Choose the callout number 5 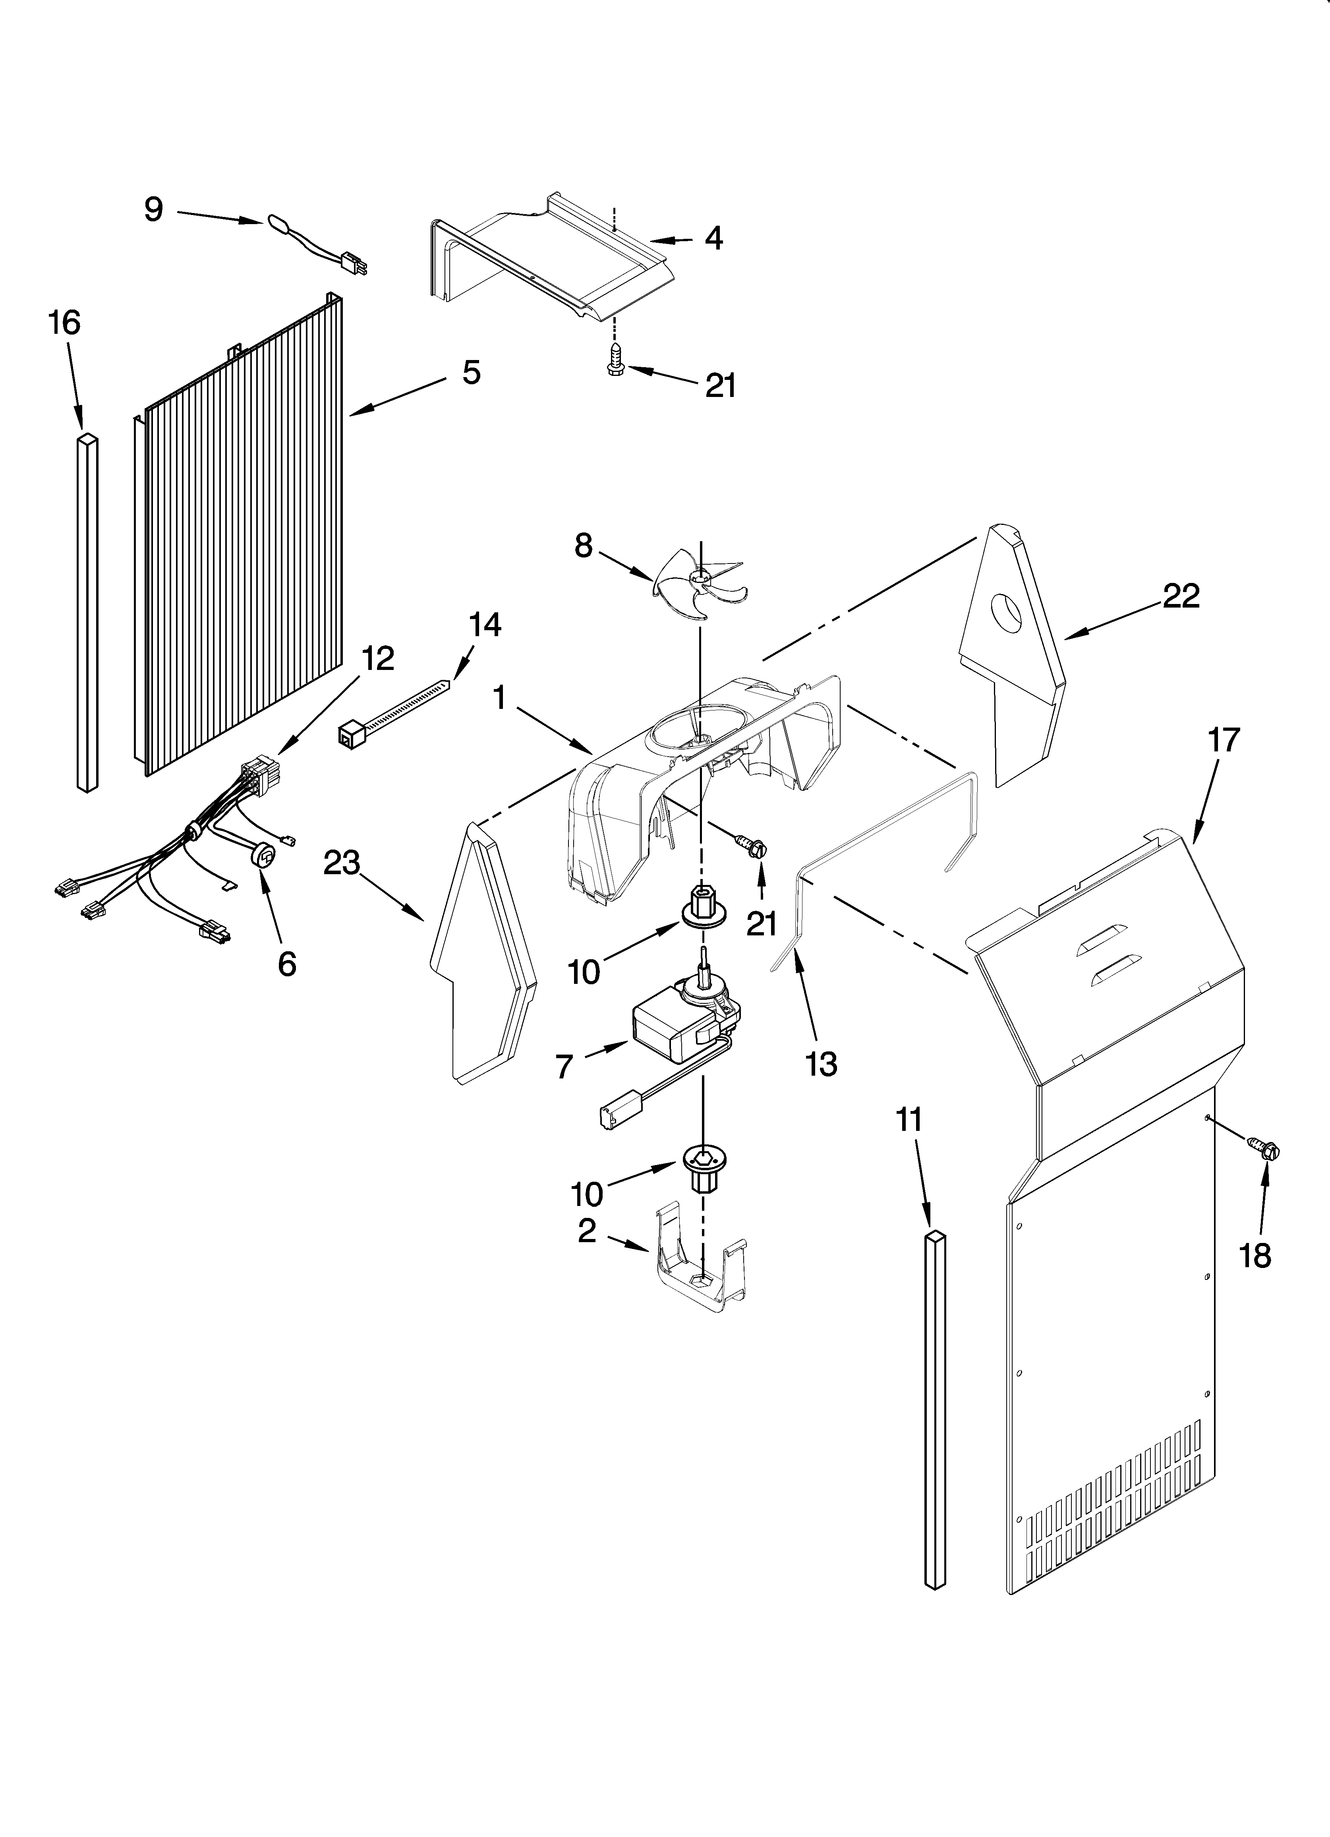tap(472, 373)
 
